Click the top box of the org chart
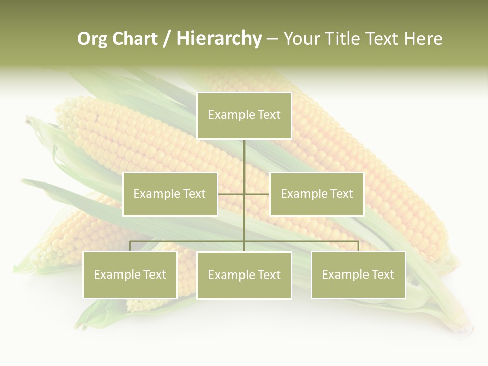click(244, 115)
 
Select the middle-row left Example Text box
click(170, 194)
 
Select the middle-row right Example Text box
click(317, 194)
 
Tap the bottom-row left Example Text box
click(130, 274)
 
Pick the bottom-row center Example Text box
click(244, 275)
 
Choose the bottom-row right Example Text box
click(358, 274)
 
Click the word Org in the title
click(92, 39)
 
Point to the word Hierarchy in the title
click(219, 39)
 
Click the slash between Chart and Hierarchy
click(167, 39)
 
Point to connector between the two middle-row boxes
click(243, 194)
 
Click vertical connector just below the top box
click(244, 152)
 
